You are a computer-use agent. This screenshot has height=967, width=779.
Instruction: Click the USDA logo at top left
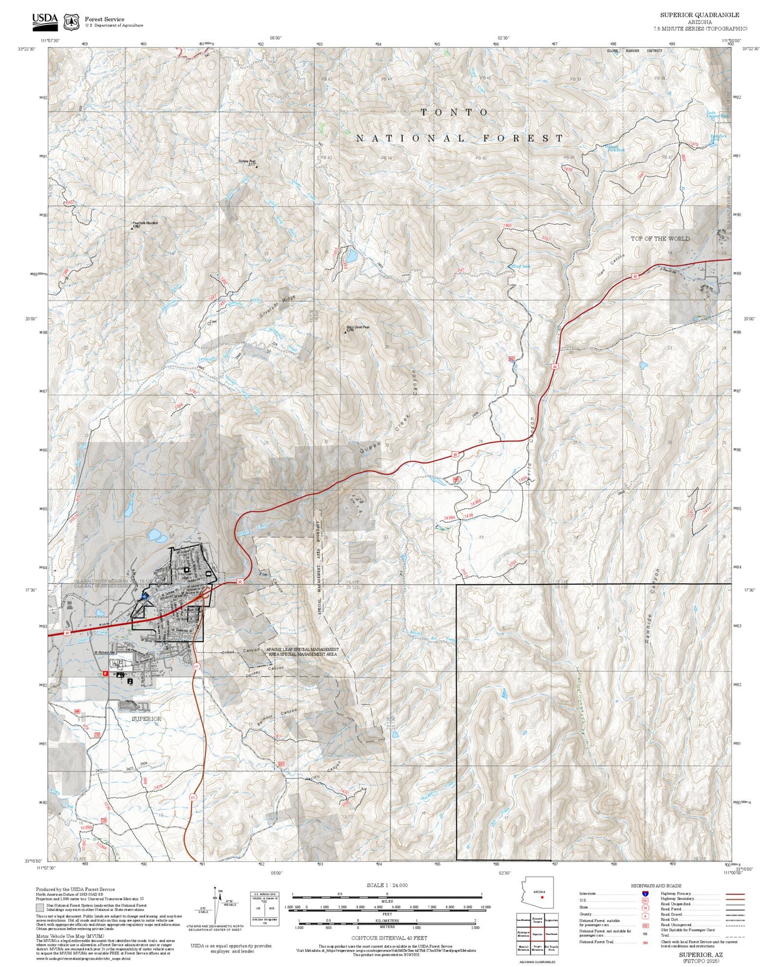pos(45,20)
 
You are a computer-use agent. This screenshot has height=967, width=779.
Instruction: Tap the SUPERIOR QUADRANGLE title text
pos(699,15)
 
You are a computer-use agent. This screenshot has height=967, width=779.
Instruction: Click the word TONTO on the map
pos(454,112)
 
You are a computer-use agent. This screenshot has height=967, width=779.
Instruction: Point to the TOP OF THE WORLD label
pos(660,238)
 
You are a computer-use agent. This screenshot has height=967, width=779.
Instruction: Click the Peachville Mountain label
pos(145,223)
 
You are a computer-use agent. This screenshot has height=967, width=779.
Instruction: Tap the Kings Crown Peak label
pos(358,327)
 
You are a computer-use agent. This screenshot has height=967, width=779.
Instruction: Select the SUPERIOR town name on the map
pos(147,719)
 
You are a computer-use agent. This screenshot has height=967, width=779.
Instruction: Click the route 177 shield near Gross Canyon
pos(196,667)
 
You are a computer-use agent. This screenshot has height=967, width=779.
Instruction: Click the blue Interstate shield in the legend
pos(645,894)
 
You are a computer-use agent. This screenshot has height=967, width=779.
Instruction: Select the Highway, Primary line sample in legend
pos(734,894)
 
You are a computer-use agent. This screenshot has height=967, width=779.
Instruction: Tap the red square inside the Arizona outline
pos(542,897)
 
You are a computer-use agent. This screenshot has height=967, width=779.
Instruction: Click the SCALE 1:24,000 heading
pos(387,885)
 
